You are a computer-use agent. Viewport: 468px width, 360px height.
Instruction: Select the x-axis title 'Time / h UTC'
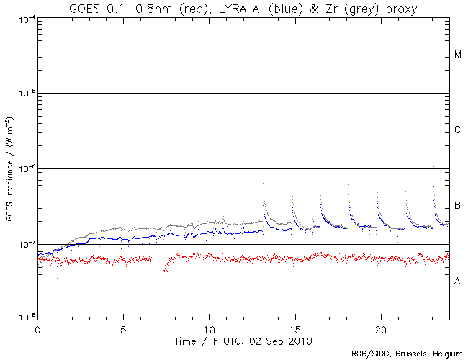[243, 340]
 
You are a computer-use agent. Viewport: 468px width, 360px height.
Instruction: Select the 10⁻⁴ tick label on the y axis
[25, 18]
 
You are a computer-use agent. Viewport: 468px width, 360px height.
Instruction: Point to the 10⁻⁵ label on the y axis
[25, 94]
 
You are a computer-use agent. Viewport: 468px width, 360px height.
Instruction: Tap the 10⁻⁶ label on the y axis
[25, 169]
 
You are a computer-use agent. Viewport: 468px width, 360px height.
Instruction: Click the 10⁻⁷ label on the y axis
[25, 245]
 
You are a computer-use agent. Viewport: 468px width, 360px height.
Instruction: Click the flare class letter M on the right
[458, 55]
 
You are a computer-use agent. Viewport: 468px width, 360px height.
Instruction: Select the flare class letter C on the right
[458, 130]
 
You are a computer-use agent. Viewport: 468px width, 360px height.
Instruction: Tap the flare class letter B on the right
[458, 207]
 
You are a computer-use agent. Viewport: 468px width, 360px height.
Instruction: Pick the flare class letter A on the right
[458, 282]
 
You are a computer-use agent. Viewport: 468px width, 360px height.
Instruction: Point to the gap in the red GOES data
[159, 259]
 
